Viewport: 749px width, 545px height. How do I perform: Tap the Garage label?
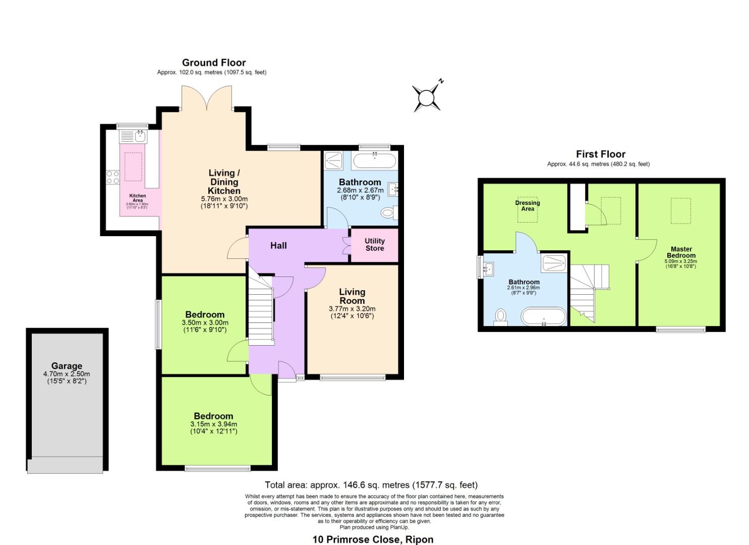coord(67,366)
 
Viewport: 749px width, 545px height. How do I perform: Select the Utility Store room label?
coord(374,245)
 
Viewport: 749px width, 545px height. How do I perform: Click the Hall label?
coord(278,246)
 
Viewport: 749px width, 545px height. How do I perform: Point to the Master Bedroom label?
coord(681,252)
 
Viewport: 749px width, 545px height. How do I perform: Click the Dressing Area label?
coord(528,206)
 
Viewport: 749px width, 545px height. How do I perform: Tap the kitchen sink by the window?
coord(133,136)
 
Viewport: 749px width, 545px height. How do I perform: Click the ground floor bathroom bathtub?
coord(374,161)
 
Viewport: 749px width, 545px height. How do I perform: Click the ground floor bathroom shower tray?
coord(334,160)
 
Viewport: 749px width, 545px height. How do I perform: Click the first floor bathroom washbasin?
coord(487,268)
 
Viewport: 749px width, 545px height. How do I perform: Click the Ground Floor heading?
coord(214,63)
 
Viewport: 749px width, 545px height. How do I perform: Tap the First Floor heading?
coord(600,154)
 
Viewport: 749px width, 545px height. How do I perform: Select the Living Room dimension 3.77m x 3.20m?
coord(352,309)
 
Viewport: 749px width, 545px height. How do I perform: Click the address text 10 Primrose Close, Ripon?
coord(373,539)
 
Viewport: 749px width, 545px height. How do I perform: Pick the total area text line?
coord(371,485)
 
